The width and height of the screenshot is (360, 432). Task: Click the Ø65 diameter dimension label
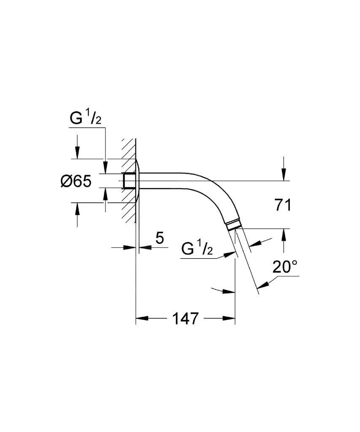click(x=76, y=181)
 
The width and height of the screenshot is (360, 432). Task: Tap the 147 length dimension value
click(x=185, y=319)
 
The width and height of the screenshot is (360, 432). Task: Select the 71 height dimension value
click(x=283, y=205)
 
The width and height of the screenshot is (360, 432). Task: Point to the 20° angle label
click(x=285, y=266)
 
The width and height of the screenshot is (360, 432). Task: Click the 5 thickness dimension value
click(x=160, y=238)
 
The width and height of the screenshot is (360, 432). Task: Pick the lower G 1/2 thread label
click(x=197, y=249)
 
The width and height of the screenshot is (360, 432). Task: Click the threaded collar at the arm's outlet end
click(x=233, y=224)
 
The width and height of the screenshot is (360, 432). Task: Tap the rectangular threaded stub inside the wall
click(x=129, y=181)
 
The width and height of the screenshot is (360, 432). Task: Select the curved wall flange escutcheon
click(x=139, y=181)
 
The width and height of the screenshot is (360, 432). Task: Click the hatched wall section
click(x=128, y=181)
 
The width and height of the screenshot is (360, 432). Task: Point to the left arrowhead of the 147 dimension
click(x=142, y=319)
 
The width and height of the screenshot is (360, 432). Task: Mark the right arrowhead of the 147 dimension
click(x=228, y=319)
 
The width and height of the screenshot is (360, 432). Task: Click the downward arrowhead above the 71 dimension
click(x=283, y=175)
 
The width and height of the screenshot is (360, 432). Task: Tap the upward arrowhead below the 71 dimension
click(x=283, y=235)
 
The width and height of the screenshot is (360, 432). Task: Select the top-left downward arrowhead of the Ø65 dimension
click(x=77, y=152)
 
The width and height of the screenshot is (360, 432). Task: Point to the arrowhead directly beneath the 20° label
click(x=263, y=284)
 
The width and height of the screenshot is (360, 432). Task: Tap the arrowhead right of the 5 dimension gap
click(x=145, y=247)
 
